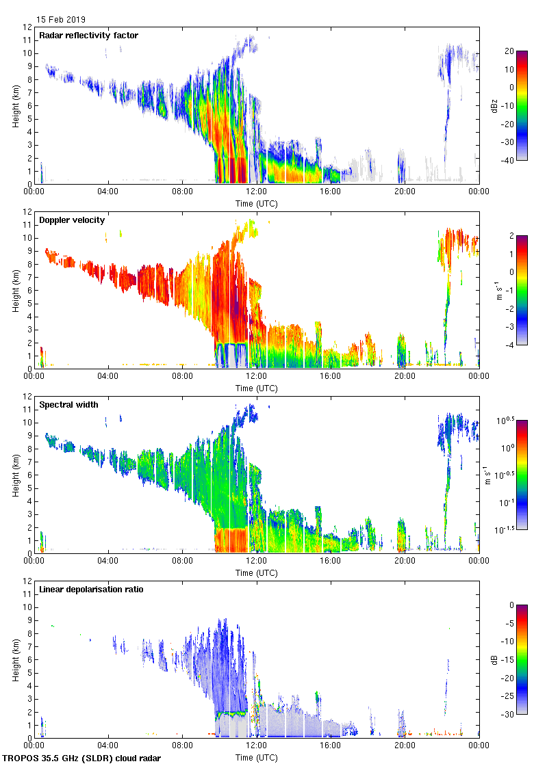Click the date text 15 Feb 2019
[61, 20]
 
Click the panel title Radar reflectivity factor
[89, 35]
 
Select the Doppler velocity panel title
[71, 220]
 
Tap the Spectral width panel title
[68, 404]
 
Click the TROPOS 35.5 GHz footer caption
[82, 758]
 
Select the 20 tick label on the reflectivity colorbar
[509, 51]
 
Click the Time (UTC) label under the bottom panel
[256, 757]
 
